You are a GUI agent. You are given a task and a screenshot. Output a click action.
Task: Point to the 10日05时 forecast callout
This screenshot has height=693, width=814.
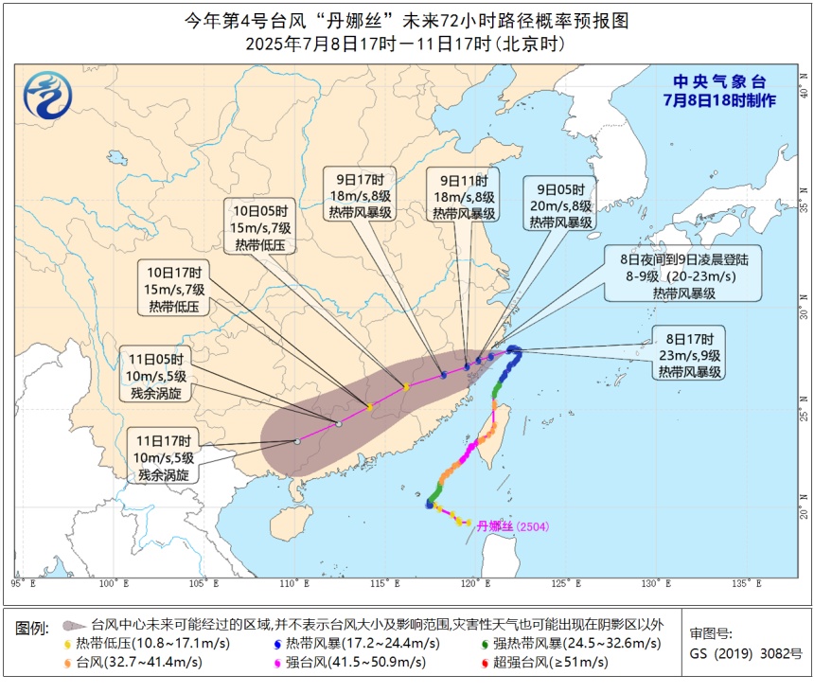[259, 227]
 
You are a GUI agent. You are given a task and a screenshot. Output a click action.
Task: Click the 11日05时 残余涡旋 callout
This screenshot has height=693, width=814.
[156, 374]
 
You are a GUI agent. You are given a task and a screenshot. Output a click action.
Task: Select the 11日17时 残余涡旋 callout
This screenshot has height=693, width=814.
[163, 457]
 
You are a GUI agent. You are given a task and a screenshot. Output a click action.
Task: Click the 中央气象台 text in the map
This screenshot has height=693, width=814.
[719, 82]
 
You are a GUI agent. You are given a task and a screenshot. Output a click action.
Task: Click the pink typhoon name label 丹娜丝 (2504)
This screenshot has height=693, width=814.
[512, 526]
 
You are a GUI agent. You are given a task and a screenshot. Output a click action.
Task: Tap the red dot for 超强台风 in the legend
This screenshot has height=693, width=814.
[486, 662]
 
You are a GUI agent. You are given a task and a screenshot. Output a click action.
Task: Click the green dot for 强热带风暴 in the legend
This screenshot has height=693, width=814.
[486, 644]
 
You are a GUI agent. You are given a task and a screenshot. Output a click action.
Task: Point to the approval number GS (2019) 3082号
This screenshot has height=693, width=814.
[745, 653]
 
